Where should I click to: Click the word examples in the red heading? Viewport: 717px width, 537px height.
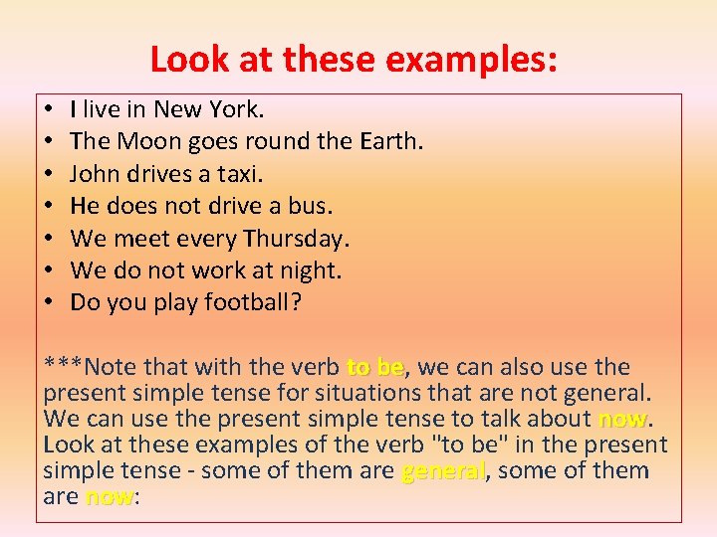469,61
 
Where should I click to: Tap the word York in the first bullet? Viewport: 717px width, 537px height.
234,110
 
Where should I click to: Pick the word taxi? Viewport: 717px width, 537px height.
240,174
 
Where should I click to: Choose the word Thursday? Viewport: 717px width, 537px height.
295,238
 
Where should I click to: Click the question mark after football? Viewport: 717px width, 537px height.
295,301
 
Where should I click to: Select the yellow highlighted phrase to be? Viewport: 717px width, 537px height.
375,368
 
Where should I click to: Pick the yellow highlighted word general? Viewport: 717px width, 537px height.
443,470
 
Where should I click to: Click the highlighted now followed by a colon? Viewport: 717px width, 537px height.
110,496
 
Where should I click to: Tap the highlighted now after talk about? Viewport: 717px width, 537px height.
622,419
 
